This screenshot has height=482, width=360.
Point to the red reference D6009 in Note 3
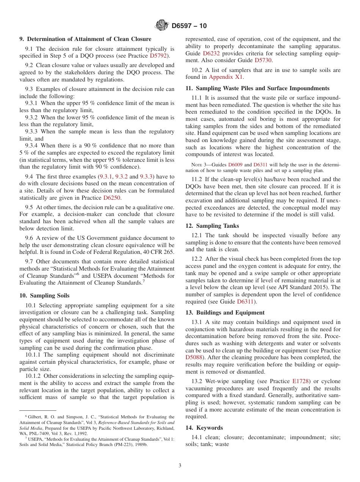pyautogui.click(x=235, y=165)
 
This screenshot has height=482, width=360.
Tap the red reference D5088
pyautogui.click(x=194, y=357)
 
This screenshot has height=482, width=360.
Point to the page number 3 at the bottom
pyautogui.click(x=180, y=465)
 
